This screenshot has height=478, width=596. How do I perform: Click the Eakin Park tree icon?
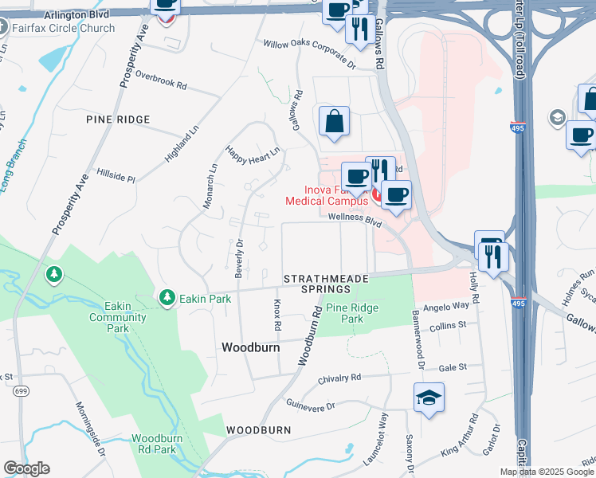(167, 298)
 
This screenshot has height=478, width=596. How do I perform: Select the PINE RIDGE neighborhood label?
(118, 119)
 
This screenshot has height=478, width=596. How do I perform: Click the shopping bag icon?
(335, 122)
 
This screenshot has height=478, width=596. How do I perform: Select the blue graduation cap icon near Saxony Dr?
(429, 398)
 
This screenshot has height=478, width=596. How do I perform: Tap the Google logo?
(26, 468)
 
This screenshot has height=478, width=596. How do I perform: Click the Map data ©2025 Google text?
(547, 472)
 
